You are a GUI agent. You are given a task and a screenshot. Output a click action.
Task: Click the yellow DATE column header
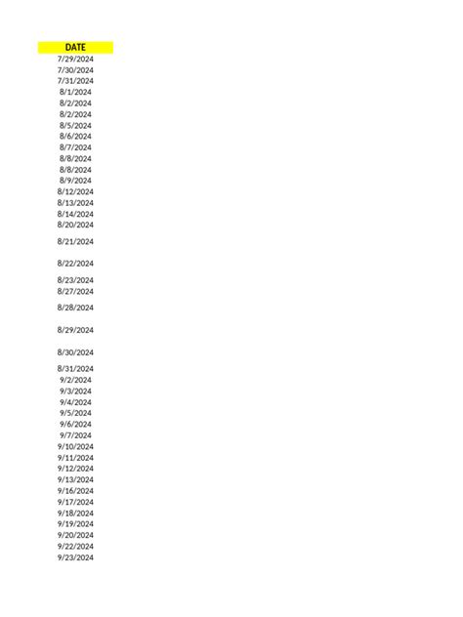pyautogui.click(x=75, y=47)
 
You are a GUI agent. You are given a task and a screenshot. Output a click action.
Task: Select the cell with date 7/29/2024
pyautogui.click(x=75, y=59)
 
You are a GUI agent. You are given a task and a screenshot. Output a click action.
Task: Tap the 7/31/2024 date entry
pyautogui.click(x=75, y=81)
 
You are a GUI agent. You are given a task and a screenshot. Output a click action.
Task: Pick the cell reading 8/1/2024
pyautogui.click(x=75, y=92)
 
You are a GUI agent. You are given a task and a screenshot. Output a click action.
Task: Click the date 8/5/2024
pyautogui.click(x=75, y=125)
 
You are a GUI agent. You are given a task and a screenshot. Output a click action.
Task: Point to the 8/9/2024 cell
pyautogui.click(x=75, y=181)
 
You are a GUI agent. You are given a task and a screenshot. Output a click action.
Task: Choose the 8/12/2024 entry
pyautogui.click(x=75, y=192)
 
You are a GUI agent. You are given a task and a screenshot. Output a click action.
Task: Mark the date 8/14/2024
pyautogui.click(x=75, y=214)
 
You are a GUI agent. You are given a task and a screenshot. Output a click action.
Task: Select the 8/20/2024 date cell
pyautogui.click(x=75, y=225)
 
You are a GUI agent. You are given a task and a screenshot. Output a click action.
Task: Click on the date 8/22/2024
pyautogui.click(x=75, y=264)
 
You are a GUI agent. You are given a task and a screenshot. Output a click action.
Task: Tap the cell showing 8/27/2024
pyautogui.click(x=75, y=291)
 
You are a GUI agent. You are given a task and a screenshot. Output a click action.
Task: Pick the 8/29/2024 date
pyautogui.click(x=75, y=330)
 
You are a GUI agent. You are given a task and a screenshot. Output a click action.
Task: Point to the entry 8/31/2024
pyautogui.click(x=75, y=368)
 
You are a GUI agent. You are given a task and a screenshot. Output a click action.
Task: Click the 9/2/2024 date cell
pyautogui.click(x=75, y=380)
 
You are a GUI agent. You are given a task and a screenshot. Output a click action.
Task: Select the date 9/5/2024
pyautogui.click(x=75, y=413)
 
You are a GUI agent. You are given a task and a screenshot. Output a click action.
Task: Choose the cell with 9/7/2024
pyautogui.click(x=75, y=435)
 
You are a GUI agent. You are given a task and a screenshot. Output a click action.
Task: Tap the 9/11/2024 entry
pyautogui.click(x=75, y=458)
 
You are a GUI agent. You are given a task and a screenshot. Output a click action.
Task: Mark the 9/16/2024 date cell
pyautogui.click(x=75, y=491)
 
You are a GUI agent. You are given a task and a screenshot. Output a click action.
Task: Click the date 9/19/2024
pyautogui.click(x=75, y=524)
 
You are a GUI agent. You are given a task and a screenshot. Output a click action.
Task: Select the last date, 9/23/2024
pyautogui.click(x=75, y=557)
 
